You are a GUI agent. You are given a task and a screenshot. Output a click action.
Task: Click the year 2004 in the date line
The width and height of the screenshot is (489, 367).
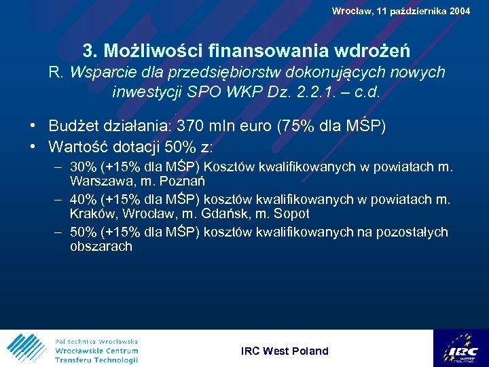pyautogui.click(x=459, y=11)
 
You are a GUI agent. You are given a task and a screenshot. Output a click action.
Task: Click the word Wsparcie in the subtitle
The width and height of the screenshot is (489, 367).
pyautogui.click(x=97, y=72)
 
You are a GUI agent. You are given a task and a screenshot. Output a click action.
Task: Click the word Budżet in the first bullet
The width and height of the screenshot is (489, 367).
pyautogui.click(x=75, y=126)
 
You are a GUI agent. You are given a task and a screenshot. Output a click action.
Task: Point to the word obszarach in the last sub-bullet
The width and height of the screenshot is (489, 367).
pyautogui.click(x=101, y=247)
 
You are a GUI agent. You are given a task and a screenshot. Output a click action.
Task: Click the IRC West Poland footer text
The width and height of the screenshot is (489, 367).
pyautogui.click(x=285, y=351)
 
